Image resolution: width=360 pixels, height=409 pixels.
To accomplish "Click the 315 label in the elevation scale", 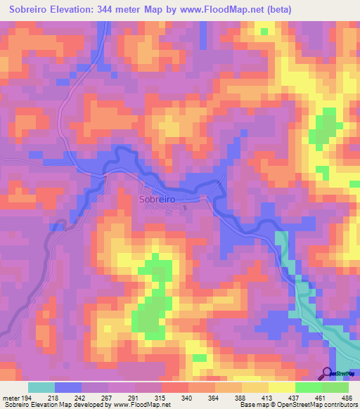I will pyautogui.click(x=161, y=398).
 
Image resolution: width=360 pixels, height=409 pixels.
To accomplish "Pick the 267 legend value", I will pyautogui.click(x=108, y=398).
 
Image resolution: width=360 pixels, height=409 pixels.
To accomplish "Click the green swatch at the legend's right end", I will pyautogui.click(x=335, y=387).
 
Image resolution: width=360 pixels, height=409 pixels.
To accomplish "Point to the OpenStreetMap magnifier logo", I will pyautogui.click(x=327, y=374).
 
